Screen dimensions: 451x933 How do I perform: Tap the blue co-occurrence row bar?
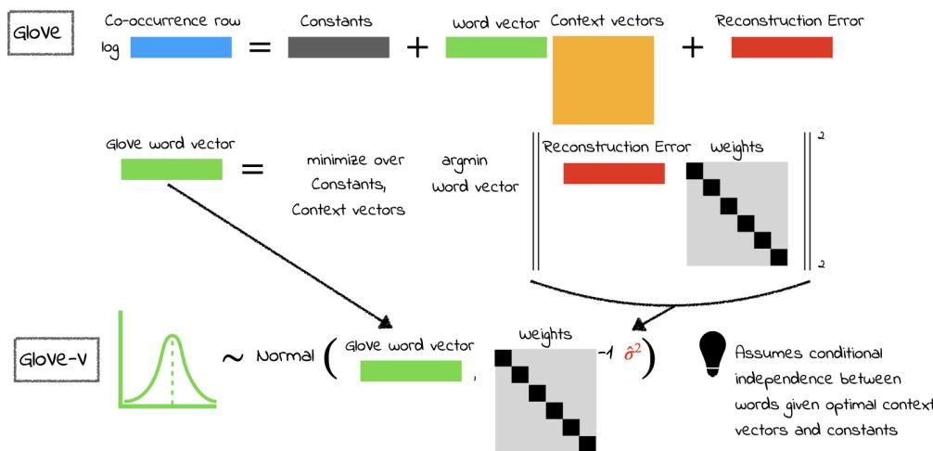tap(180, 47)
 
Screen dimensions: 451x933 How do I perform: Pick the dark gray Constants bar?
tap(338, 47)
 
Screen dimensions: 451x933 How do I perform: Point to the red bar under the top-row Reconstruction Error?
tap(781, 47)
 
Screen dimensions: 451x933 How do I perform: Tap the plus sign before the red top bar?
tap(692, 48)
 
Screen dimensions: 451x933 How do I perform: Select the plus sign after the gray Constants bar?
tap(417, 48)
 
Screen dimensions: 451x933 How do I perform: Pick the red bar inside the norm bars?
tap(613, 174)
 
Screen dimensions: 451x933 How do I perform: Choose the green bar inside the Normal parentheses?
tap(410, 371)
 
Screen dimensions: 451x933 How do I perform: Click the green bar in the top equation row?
tap(495, 47)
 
